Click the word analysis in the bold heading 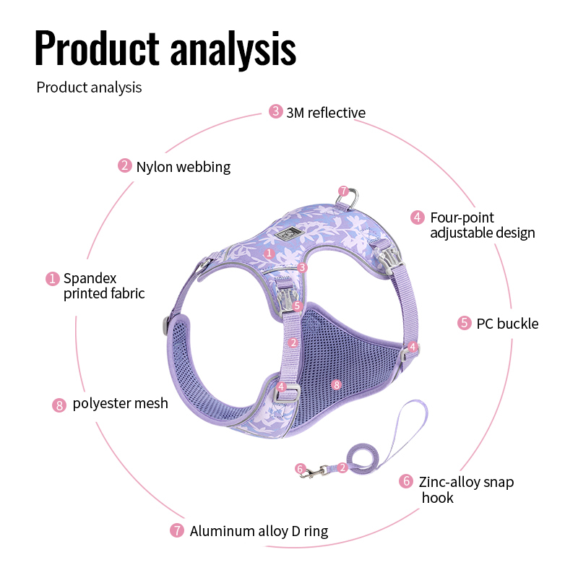click(233, 50)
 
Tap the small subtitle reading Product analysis click(89, 87)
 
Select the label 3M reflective click(326, 113)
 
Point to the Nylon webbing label click(184, 167)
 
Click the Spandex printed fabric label click(104, 285)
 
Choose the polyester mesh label click(120, 403)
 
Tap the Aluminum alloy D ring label click(259, 531)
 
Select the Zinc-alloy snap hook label click(466, 490)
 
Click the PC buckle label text click(507, 324)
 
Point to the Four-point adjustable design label click(483, 225)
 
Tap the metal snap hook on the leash click(314, 472)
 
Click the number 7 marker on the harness click(344, 191)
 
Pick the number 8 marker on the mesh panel click(336, 385)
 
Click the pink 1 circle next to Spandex click(52, 279)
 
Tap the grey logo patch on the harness click(290, 233)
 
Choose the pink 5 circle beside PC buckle click(465, 323)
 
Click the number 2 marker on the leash click(342, 467)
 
